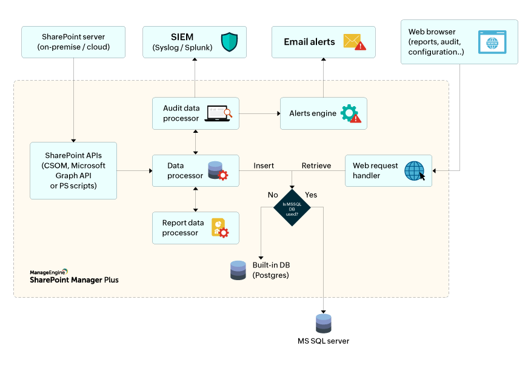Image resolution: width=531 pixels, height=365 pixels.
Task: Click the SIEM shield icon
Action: (229, 42)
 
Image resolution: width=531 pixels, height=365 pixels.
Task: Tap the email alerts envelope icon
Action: (354, 42)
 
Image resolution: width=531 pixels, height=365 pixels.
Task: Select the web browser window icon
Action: (492, 42)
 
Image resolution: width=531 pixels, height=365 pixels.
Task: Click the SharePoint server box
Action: (73, 42)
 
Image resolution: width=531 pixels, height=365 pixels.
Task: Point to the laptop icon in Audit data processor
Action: (218, 113)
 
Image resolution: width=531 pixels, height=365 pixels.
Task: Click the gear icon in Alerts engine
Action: (350, 113)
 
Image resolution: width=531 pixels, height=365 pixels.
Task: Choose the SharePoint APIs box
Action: (73, 170)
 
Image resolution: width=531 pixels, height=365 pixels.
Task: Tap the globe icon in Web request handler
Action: (415, 170)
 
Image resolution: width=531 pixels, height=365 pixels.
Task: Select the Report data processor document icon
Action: (219, 227)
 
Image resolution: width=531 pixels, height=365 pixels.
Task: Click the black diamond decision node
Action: (292, 207)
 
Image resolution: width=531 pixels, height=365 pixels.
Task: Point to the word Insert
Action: (264, 166)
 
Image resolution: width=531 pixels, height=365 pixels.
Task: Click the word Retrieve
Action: (316, 166)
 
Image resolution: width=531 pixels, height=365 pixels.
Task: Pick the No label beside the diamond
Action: (273, 195)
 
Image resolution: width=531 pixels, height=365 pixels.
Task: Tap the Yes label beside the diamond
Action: (311, 195)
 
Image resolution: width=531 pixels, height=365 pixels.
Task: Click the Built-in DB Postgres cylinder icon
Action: (238, 270)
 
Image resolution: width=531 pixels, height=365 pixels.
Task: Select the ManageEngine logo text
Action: (48, 273)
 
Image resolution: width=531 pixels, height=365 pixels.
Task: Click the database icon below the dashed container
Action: (324, 323)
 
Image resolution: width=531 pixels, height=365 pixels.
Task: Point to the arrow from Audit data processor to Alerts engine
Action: (259, 113)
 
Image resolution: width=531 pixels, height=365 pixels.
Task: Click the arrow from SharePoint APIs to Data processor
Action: (134, 170)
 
